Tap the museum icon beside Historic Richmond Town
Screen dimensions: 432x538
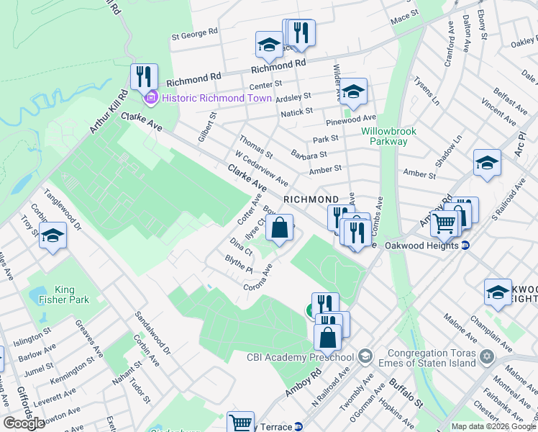[x=151, y=98]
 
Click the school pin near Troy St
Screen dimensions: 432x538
[x=53, y=235]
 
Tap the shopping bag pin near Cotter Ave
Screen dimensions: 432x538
[x=280, y=228]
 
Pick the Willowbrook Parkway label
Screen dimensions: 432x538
[x=384, y=137]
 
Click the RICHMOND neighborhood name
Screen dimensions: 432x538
[x=311, y=199]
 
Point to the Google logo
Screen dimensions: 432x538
[x=24, y=423]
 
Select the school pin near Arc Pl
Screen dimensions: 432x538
[x=487, y=163]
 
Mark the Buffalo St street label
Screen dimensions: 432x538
[x=403, y=392]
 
